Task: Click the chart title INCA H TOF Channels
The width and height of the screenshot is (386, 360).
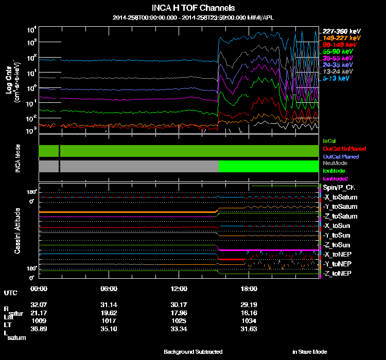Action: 194,8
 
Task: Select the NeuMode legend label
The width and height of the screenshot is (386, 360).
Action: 334,163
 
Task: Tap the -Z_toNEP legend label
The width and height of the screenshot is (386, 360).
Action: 338,273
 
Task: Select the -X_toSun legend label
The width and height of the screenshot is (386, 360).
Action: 338,226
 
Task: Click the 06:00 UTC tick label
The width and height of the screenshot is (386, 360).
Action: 110,289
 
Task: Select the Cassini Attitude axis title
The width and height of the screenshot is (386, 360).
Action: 17,230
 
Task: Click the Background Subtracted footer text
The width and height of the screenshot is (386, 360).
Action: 193,352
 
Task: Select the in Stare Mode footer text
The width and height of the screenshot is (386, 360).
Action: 309,352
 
